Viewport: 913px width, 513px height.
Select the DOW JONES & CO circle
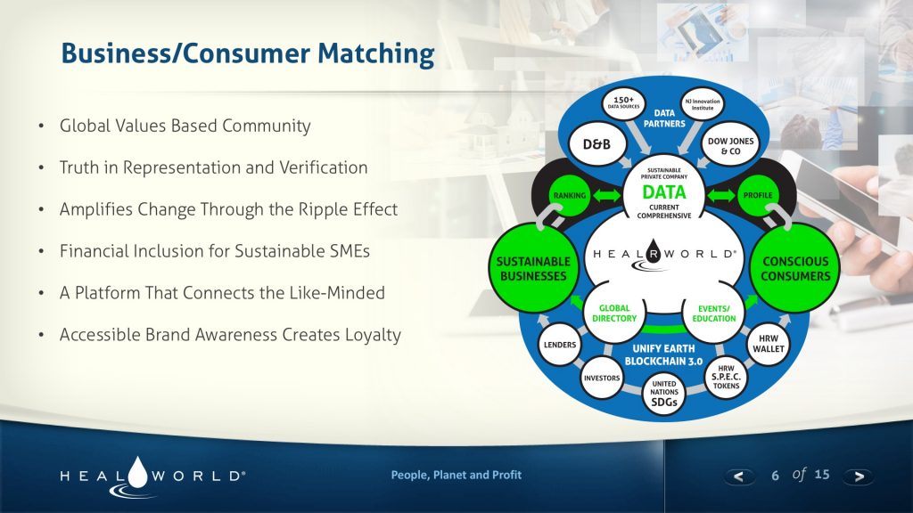click(x=730, y=145)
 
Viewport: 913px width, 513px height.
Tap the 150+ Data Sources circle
click(x=624, y=102)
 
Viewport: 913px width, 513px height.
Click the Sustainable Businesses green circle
click(x=533, y=268)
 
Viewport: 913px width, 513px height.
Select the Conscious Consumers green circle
click(x=794, y=268)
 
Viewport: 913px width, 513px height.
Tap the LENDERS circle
click(x=560, y=345)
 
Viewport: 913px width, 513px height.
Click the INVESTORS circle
click(x=601, y=378)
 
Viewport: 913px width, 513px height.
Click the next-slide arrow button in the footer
click(x=859, y=476)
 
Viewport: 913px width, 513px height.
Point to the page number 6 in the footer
click(x=775, y=476)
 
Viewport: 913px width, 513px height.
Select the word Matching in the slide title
click(x=375, y=53)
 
